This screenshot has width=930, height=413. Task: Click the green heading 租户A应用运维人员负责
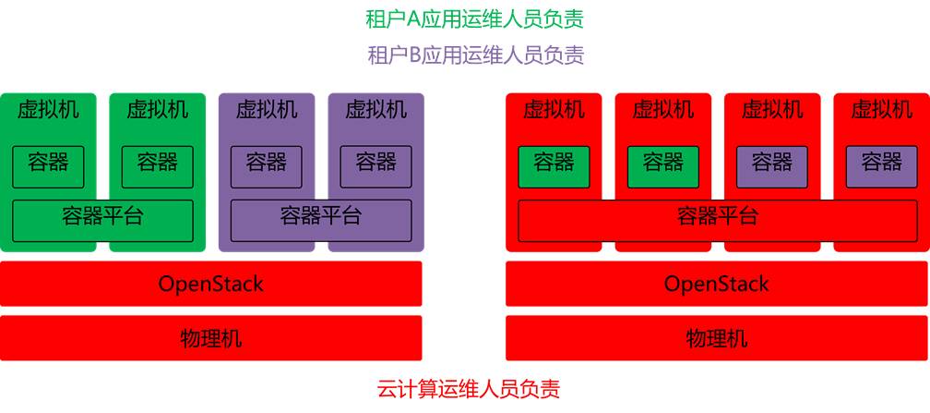474,18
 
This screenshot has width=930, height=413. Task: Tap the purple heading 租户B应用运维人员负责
475,55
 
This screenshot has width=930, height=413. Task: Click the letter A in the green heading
412,18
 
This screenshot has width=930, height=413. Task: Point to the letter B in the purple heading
414,55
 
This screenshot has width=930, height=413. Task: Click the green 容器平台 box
102,219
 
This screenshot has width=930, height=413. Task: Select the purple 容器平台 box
320,219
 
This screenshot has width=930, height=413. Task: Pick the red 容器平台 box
717,218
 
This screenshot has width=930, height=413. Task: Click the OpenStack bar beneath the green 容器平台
210,284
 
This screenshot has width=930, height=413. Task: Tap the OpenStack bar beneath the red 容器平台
717,284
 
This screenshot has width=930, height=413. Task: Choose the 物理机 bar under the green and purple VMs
210,338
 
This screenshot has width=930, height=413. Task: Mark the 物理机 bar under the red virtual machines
717,338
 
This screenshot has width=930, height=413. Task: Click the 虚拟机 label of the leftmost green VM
48,110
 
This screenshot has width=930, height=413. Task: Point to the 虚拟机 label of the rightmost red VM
881,110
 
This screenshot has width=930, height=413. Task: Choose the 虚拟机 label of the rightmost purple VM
376,110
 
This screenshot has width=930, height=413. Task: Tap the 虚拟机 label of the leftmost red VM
554,110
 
